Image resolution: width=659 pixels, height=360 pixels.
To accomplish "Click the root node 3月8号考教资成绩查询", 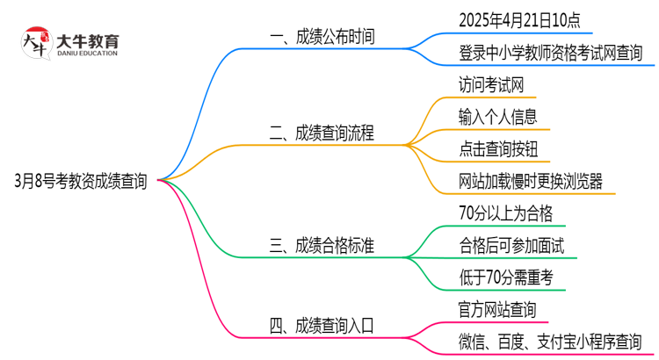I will click(x=81, y=182).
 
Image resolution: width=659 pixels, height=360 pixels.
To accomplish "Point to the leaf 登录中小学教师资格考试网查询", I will click(x=550, y=53).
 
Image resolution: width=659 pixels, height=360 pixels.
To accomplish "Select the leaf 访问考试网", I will click(x=492, y=85).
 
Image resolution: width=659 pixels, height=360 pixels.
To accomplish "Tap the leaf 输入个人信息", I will click(x=497, y=117).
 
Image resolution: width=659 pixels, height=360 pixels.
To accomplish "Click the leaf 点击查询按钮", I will click(x=497, y=149).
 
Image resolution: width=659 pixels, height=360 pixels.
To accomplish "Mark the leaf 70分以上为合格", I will click(x=505, y=213).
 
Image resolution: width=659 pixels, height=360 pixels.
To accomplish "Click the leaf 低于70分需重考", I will click(x=505, y=277).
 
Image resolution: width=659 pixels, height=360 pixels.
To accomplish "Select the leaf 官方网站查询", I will click(x=497, y=309).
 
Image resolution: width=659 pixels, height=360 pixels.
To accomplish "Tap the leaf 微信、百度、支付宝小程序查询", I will click(x=550, y=342).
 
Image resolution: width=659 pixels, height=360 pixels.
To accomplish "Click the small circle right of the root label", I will click(x=159, y=182).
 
